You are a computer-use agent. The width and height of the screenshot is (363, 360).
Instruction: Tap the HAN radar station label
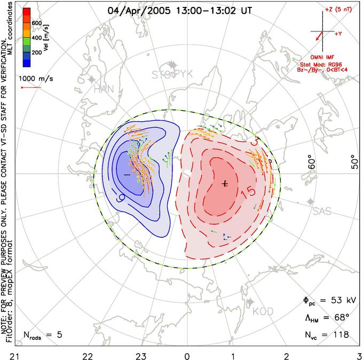[104, 89]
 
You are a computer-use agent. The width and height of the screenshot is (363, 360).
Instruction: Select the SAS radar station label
[322, 212]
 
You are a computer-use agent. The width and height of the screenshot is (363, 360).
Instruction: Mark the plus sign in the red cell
[225, 183]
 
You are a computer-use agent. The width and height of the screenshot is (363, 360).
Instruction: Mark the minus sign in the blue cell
[127, 175]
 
